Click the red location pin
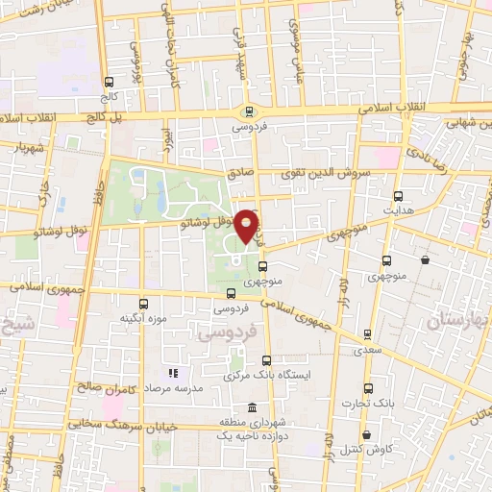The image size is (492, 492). pyautogui.click(x=247, y=226)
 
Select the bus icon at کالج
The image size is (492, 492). pyautogui.click(x=108, y=83)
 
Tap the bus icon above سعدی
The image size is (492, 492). pyautogui.click(x=368, y=334)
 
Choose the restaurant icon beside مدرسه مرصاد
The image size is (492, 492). pyautogui.click(x=173, y=372)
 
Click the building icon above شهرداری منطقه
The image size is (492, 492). pyautogui.click(x=251, y=407)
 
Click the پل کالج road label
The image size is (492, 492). pyautogui.click(x=93, y=116)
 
